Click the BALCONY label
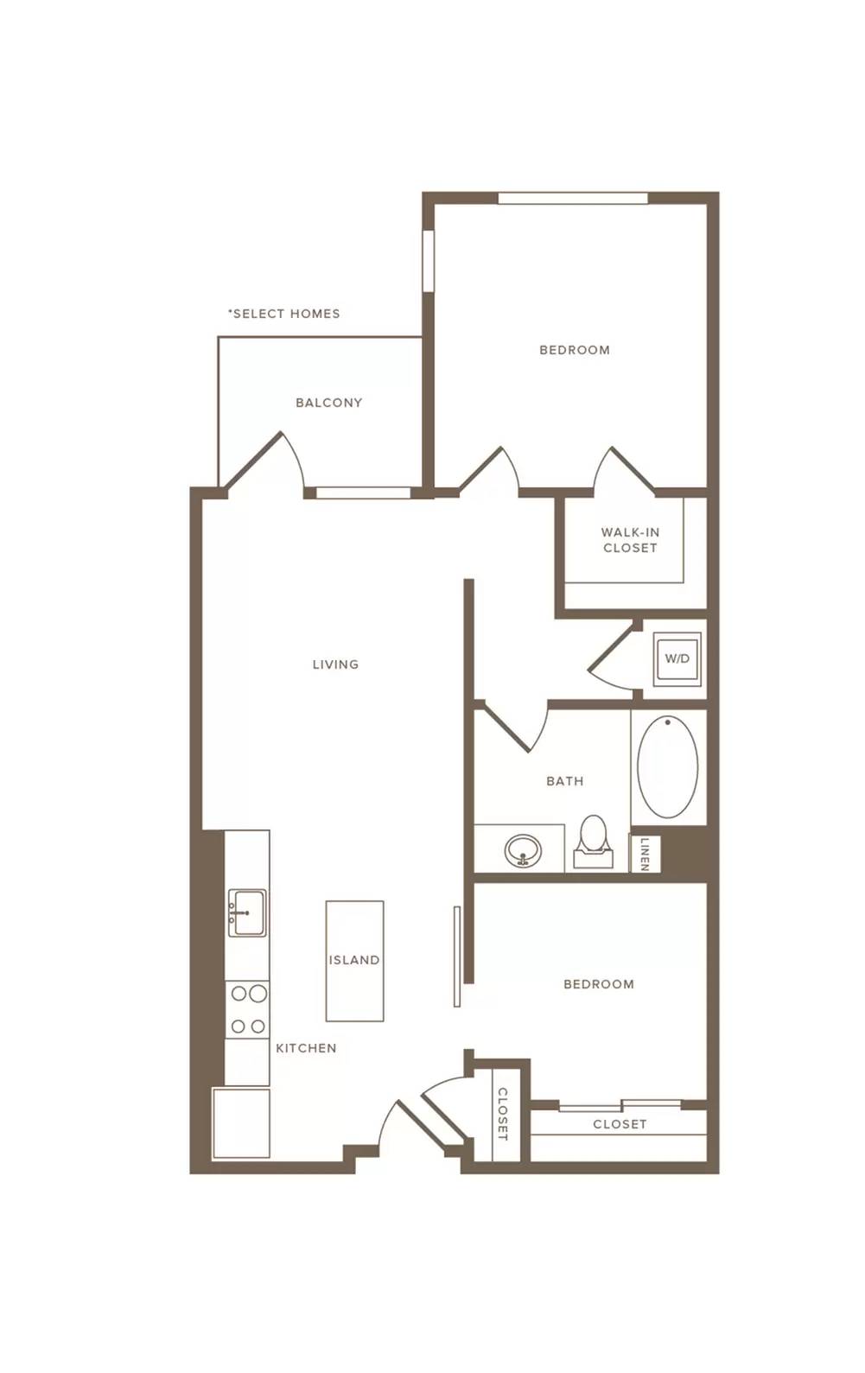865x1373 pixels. (328, 403)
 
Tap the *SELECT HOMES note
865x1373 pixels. (283, 314)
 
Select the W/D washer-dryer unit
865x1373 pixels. (677, 658)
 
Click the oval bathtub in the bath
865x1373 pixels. (668, 766)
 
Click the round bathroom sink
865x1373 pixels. (523, 849)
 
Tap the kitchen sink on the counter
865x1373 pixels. (247, 912)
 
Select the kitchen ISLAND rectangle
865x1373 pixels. (354, 961)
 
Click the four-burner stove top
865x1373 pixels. (248, 1009)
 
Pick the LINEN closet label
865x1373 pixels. (645, 853)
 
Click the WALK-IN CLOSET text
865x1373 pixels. (630, 540)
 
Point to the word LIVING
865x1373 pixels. (335, 664)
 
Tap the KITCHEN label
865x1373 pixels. (306, 1048)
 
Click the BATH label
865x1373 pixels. (564, 781)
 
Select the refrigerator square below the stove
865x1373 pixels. (241, 1123)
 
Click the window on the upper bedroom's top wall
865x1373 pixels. (573, 198)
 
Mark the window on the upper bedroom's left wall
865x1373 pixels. (429, 260)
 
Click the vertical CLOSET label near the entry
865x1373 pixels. (502, 1114)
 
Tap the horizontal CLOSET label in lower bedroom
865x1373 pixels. (620, 1124)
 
